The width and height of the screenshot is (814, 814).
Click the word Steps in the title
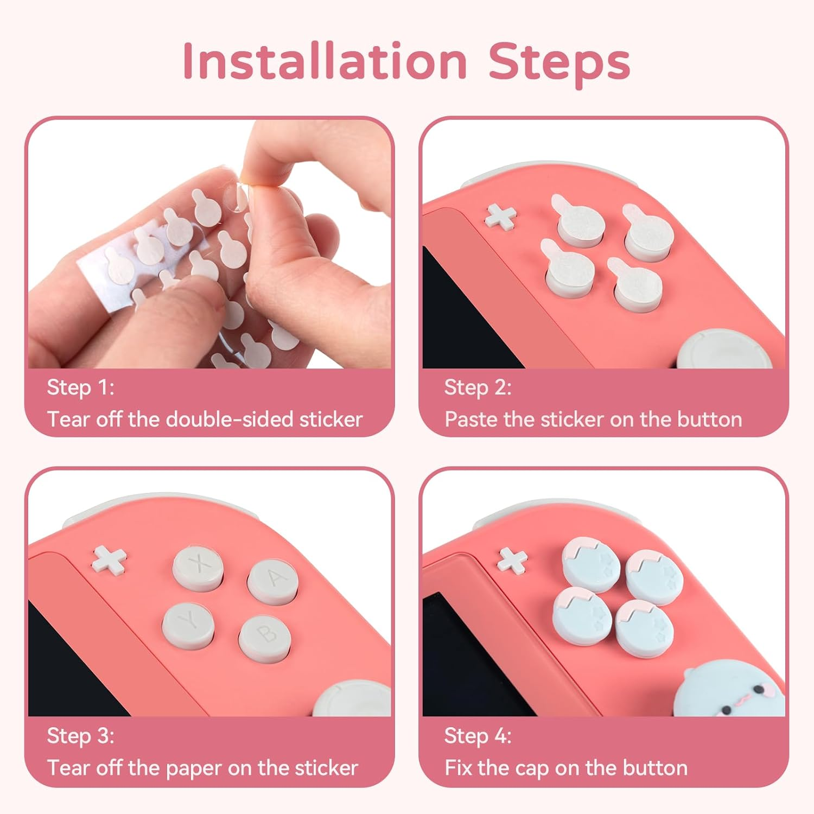pyautogui.click(x=559, y=62)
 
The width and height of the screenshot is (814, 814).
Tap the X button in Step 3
pyautogui.click(x=199, y=567)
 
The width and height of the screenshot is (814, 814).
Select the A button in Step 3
pyautogui.click(x=273, y=580)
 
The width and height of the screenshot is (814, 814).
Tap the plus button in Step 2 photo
pyautogui.click(x=500, y=216)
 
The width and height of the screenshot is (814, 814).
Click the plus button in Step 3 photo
pyautogui.click(x=110, y=559)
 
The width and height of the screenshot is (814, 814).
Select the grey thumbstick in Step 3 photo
pyautogui.click(x=353, y=700)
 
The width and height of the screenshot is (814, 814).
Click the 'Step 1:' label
pyautogui.click(x=80, y=387)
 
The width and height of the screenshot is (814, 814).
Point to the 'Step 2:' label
pyautogui.click(x=478, y=387)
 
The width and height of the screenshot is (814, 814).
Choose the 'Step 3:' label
pyautogui.click(x=80, y=736)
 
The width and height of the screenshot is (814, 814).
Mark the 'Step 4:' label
pyautogui.click(x=478, y=736)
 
